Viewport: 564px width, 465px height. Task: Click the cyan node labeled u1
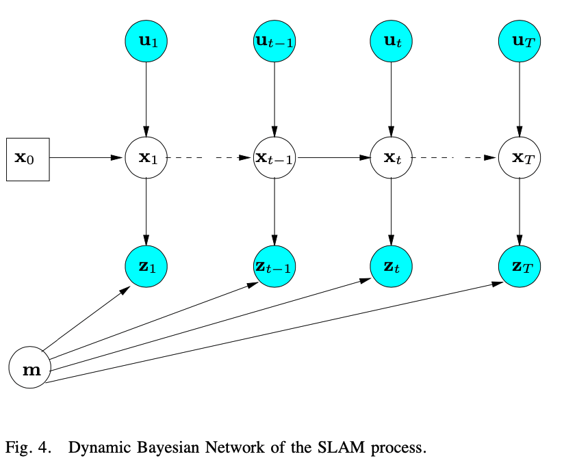(146, 40)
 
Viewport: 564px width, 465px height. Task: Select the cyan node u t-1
(274, 40)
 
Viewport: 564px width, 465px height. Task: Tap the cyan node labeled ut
(391, 40)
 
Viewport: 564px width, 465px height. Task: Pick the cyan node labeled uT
(519, 40)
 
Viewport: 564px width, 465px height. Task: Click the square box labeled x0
(28, 158)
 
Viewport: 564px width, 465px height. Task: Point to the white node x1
(146, 158)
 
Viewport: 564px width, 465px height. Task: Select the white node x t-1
(274, 158)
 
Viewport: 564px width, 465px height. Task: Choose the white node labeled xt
(391, 158)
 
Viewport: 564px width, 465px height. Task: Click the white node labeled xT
(519, 158)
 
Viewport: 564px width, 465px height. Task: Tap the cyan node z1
(146, 266)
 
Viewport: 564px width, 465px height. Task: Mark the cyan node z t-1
(274, 266)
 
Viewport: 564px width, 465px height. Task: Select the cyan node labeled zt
(391, 266)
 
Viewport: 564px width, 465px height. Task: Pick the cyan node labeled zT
(519, 266)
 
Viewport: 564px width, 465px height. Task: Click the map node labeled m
(29, 369)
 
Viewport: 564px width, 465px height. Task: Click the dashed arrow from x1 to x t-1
(209, 158)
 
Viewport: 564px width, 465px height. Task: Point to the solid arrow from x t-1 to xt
(332, 158)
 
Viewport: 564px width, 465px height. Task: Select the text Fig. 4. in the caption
(27, 449)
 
